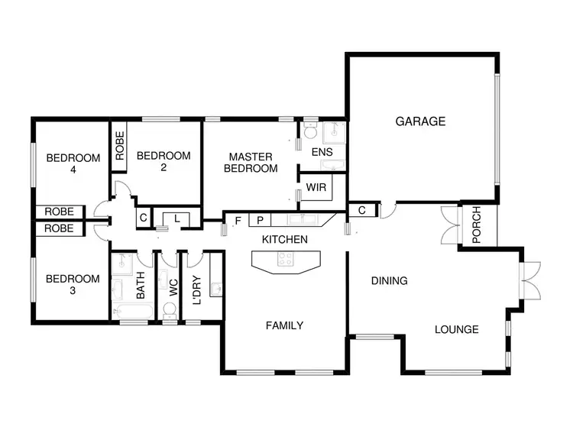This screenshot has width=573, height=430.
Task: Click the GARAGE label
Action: click(x=420, y=121)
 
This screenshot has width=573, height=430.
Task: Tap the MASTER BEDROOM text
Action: click(x=251, y=163)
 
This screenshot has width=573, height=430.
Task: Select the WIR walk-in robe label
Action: click(x=316, y=187)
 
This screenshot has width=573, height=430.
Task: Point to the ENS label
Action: click(x=322, y=152)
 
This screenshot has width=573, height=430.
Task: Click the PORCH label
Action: click(x=477, y=226)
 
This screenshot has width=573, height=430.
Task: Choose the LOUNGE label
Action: click(x=456, y=330)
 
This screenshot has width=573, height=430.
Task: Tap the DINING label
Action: click(x=389, y=281)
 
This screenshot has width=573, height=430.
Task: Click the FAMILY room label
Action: click(x=284, y=325)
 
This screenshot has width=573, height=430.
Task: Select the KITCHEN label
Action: click(x=284, y=240)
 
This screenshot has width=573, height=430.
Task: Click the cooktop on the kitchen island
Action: click(x=286, y=260)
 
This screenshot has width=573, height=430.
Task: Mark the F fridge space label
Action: click(x=238, y=221)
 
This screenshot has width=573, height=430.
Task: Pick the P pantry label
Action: click(x=260, y=221)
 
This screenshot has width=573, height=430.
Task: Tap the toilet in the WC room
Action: click(x=170, y=310)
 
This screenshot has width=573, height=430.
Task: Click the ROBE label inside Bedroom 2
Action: click(x=120, y=145)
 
